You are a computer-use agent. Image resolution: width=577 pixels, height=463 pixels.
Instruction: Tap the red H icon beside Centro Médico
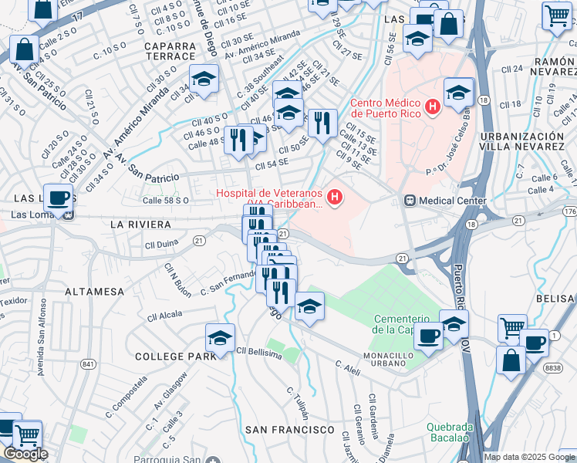[433, 106]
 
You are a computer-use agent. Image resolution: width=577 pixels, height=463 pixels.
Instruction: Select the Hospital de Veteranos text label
[270, 198]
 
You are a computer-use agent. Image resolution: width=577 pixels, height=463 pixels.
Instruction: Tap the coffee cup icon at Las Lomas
[58, 197]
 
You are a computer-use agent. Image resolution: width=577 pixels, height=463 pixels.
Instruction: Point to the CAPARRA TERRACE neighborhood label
[158, 51]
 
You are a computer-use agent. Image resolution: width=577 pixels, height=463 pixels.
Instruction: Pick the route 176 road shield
[569, 211]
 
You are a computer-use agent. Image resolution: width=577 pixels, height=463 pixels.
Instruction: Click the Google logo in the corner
[25, 454]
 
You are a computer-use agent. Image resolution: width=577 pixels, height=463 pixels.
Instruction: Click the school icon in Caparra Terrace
[204, 79]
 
